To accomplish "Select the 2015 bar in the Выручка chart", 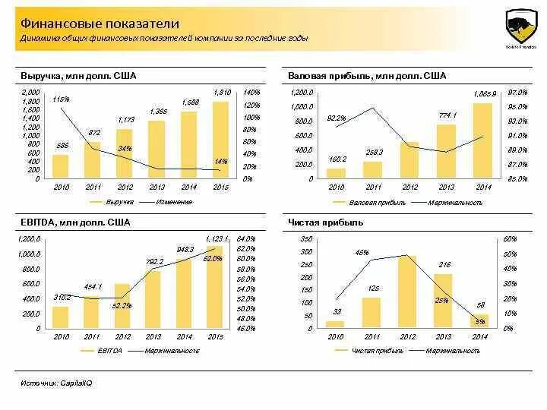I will [220, 140].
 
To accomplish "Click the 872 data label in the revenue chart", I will [93, 133].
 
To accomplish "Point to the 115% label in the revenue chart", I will [61, 99].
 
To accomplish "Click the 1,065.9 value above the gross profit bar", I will [484, 93].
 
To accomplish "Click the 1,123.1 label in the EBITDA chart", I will [217, 238].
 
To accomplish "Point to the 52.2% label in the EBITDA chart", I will [122, 305].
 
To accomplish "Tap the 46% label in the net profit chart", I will [362, 252].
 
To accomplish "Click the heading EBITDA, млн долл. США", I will [75, 222].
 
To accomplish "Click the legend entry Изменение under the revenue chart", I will [174, 202].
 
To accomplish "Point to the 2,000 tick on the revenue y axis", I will [30, 92].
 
